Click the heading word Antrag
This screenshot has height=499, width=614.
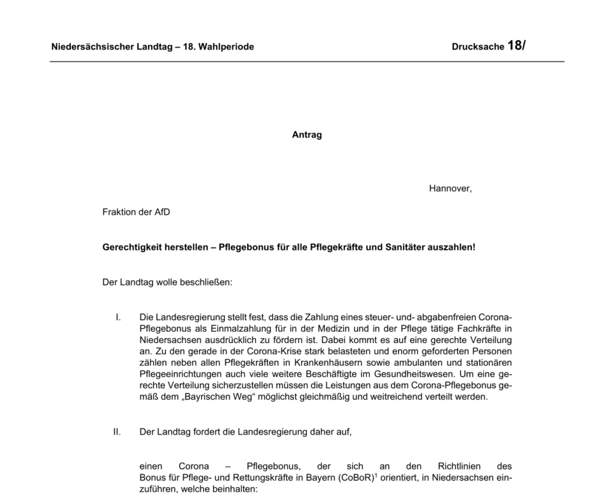pyautogui.click(x=306, y=135)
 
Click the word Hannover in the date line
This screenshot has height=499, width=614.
pyautogui.click(x=450, y=188)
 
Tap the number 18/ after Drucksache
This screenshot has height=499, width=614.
pyautogui.click(x=516, y=46)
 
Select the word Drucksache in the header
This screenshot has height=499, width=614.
pyautogui.click(x=478, y=47)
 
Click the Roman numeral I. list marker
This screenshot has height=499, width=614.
pyautogui.click(x=118, y=316)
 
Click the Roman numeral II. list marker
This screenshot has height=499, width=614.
pyautogui.click(x=117, y=431)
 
